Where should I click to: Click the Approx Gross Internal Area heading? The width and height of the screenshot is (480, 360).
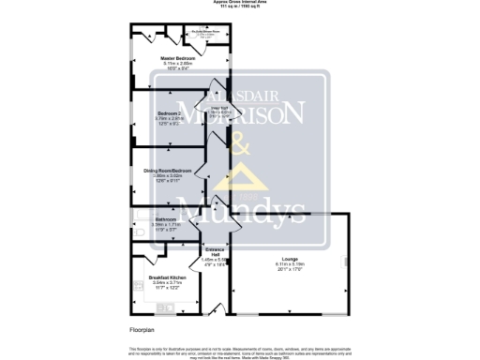[x=240, y=3]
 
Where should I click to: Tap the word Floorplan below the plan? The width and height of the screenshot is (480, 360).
[x=141, y=330]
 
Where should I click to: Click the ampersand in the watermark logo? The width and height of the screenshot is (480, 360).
[x=239, y=146]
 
